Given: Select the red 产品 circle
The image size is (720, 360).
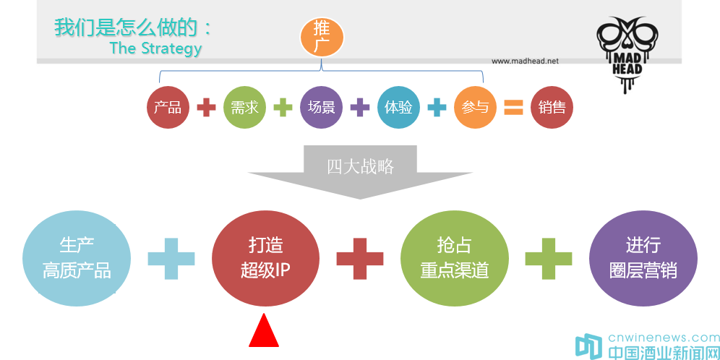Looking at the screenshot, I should coord(168,107).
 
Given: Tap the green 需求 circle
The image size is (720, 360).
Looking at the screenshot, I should coord(244,107).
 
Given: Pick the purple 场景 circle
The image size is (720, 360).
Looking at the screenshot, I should coord(321,107).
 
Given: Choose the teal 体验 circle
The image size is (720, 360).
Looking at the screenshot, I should coord(398,107).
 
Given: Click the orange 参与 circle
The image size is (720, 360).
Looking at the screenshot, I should coord(475,107).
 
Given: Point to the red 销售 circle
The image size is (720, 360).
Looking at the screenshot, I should coord(552,107).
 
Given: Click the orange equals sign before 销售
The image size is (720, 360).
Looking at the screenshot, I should coord(513,108).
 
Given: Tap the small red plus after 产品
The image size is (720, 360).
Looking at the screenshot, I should coord(206,108).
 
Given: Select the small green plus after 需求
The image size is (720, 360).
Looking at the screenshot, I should coord(283,108).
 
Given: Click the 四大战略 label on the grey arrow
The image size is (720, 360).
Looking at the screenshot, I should coord(360,166).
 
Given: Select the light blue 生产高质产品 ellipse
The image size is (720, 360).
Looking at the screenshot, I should coord(77,258).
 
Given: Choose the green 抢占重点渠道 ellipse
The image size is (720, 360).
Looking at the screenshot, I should coord(454,258).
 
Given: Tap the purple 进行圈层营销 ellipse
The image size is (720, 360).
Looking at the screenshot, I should coord(643,258).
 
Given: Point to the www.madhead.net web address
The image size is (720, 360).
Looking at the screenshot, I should coord(525,61).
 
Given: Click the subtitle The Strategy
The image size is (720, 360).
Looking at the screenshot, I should coord(155,48).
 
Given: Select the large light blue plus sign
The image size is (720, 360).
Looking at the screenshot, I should coord(171,257).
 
